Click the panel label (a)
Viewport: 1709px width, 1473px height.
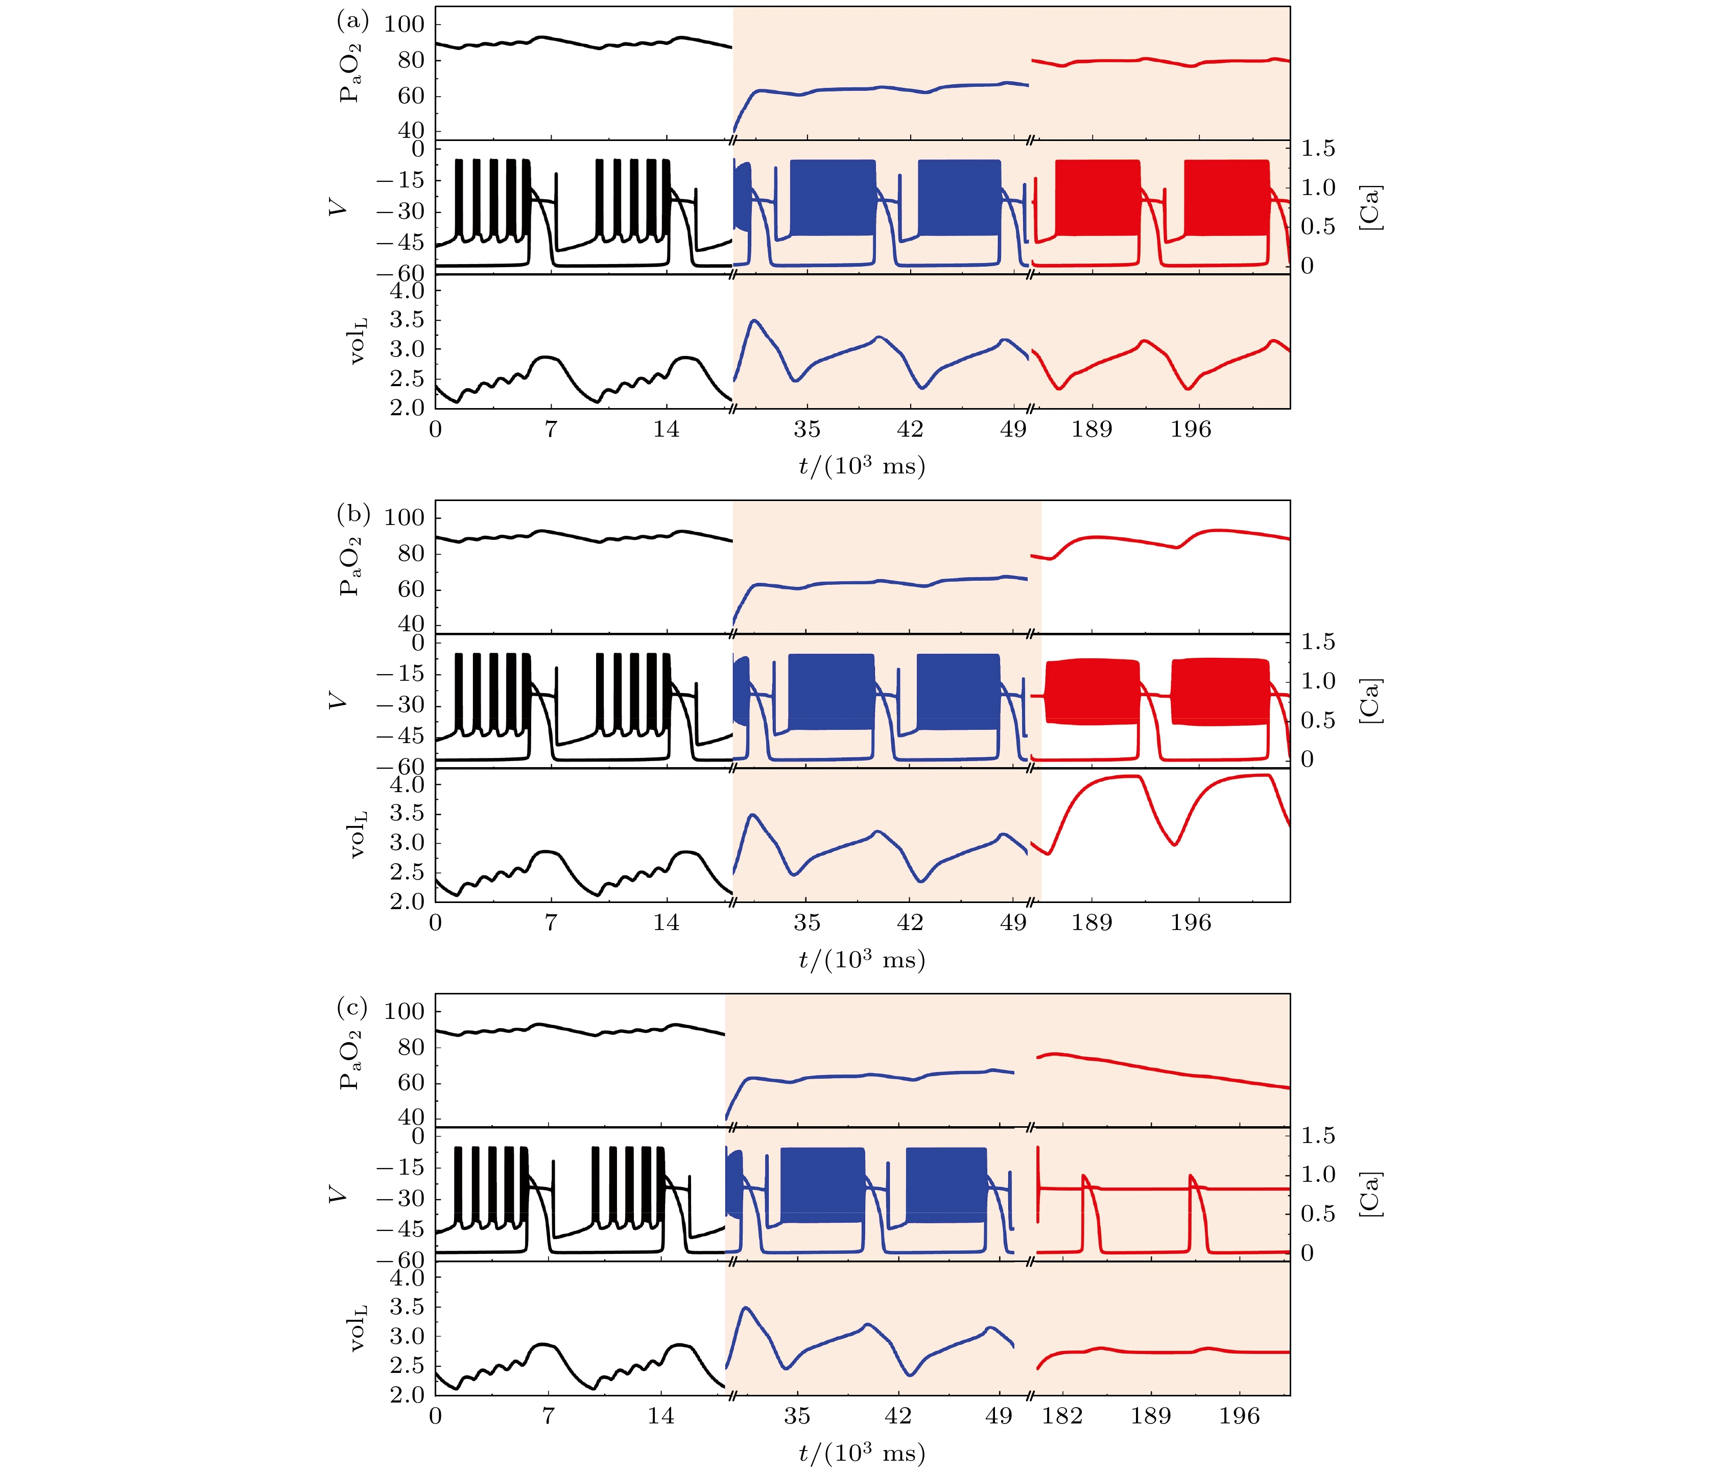pos(352,20)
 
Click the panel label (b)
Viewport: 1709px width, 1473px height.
pos(352,514)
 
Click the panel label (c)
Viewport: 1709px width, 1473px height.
pos(352,1007)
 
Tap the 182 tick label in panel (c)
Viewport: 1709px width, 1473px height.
pos(1061,1416)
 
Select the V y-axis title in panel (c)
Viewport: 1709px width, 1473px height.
pos(337,1194)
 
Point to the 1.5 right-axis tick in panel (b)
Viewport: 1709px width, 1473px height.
pos(1317,642)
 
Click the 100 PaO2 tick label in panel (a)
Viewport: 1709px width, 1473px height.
pos(404,24)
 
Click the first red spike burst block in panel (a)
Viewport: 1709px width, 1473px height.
pos(1097,198)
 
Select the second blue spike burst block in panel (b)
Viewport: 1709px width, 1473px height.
pos(958,691)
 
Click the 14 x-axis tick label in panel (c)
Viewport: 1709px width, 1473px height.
pos(661,1416)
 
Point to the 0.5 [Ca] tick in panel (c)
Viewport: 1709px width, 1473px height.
pos(1317,1213)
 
